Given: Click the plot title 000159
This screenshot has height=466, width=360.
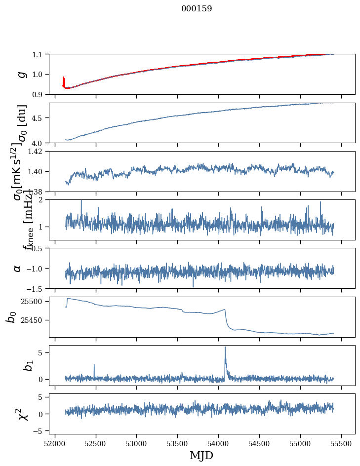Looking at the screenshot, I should [197, 9].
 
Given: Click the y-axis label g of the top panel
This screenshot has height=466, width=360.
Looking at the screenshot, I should [21, 74].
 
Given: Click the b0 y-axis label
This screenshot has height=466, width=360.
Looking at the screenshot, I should [11, 317].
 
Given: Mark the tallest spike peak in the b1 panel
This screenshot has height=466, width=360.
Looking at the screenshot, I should [225, 347].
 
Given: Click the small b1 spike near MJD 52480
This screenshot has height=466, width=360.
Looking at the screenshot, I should [94, 365].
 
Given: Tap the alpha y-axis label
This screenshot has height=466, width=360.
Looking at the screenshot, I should [17, 268].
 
